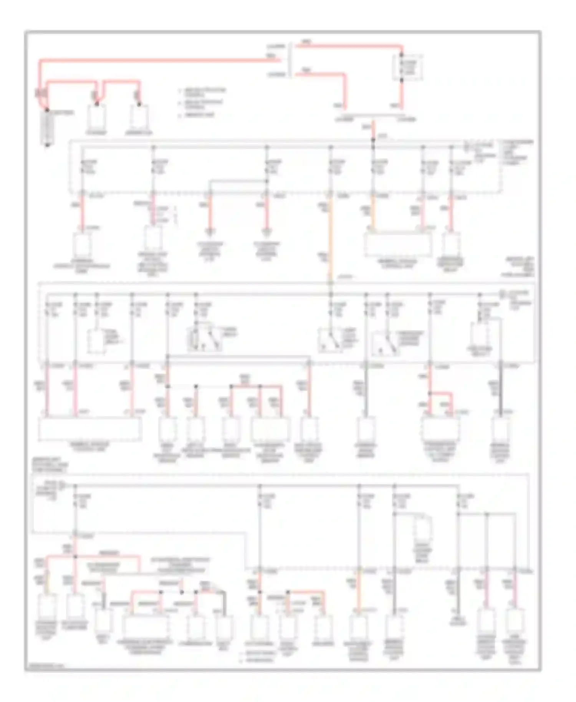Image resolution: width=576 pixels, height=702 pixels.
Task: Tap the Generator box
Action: pos(139,117)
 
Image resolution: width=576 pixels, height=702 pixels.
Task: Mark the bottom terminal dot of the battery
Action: pos(47,145)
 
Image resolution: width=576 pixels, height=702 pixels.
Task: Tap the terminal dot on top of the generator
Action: pos(139,104)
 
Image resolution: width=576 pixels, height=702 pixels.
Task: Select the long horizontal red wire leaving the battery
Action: pos(154,60)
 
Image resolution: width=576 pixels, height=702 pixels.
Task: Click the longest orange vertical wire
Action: pos(330,238)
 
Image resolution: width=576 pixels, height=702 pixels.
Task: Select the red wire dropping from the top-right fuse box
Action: pos(402,94)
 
